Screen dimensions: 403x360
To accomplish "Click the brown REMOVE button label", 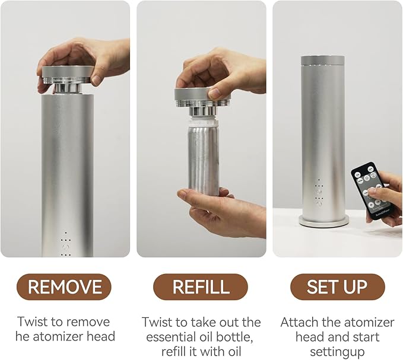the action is click(64, 286).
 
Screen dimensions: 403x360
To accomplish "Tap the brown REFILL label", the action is click(201, 286).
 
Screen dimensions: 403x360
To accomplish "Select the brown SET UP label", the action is click(338, 286).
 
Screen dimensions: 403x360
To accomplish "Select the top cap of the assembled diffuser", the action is click(322, 60).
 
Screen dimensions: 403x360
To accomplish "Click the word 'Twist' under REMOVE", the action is click(32, 321).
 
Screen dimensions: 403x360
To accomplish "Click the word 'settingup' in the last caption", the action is click(337, 352).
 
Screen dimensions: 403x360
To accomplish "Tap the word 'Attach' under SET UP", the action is click(298, 322).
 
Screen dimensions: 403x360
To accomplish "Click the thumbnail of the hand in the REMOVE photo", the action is click(96, 79).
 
